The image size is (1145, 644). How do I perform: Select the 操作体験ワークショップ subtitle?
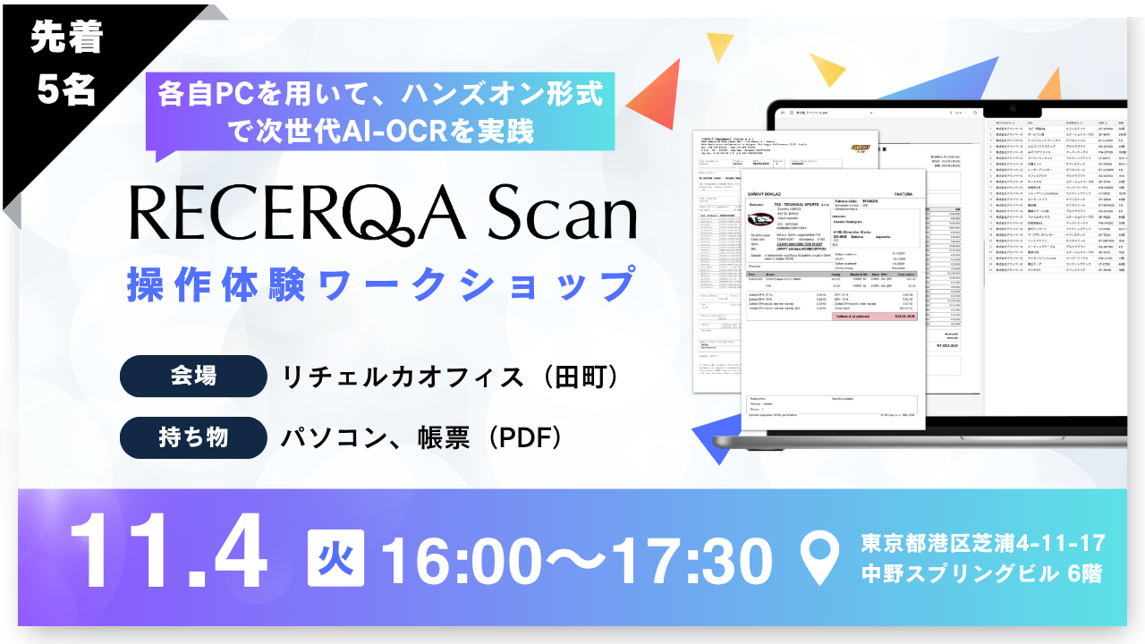pos(380,284)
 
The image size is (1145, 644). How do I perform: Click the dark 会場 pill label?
pos(192,377)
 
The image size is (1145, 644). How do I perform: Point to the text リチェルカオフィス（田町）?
pos(452,377)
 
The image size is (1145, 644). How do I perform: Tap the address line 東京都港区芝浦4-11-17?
pos(983,542)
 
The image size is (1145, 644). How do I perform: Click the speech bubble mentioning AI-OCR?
pos(380,111)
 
